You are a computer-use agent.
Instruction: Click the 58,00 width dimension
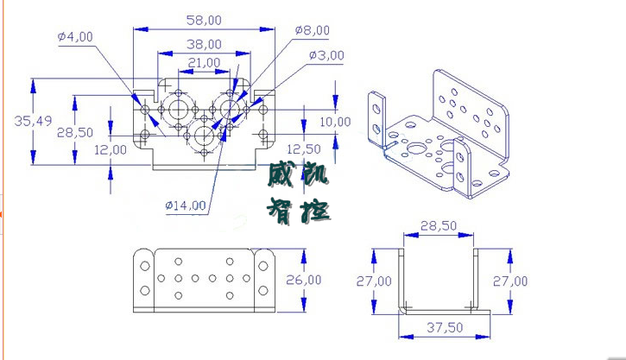pos(204,19)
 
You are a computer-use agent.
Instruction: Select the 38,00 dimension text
pos(204,43)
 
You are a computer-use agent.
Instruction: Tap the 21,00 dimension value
pos(204,62)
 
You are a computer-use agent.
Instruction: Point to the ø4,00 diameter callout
pos(75,36)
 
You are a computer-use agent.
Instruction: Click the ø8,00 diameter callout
pos(312,30)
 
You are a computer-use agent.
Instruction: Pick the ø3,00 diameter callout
pos(326,55)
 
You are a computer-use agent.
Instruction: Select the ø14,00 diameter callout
pos(186,205)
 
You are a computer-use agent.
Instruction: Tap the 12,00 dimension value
pos(111,149)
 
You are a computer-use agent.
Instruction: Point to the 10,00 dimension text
pos(335,122)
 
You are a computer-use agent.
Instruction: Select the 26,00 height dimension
pos(303,280)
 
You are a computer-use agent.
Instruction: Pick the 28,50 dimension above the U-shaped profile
pos(438,225)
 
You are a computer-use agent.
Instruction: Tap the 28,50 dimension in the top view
pos(74,132)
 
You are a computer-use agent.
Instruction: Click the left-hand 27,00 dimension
pos(374,281)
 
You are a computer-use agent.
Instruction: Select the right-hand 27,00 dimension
pos(509,281)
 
